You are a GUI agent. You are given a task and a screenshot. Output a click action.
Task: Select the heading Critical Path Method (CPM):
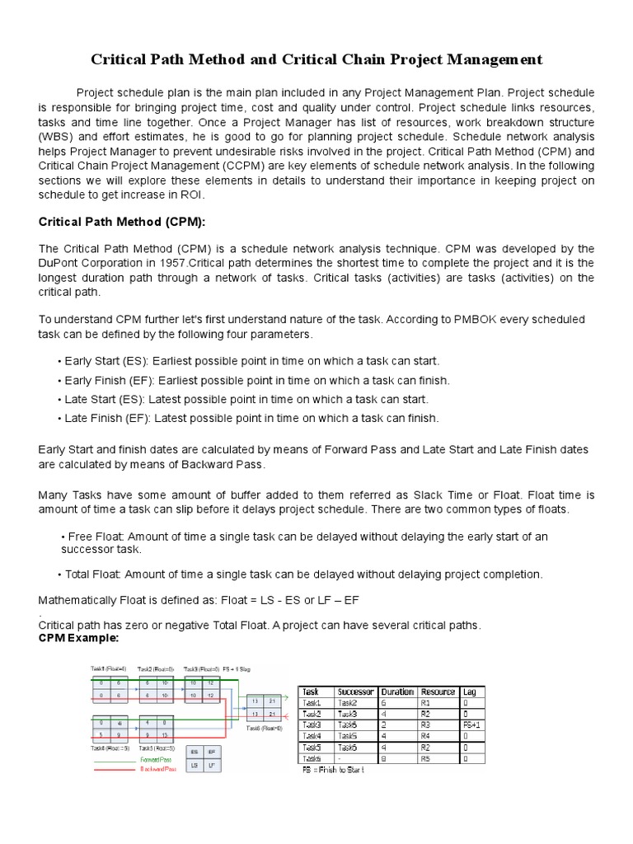tap(115, 222)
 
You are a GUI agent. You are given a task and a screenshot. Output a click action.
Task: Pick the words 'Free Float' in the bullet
tap(96, 537)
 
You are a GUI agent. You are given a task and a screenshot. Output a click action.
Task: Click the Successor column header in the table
tap(356, 692)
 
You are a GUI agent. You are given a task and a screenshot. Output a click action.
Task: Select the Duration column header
tap(397, 692)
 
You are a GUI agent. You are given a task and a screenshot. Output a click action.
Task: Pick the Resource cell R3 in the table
tap(426, 724)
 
